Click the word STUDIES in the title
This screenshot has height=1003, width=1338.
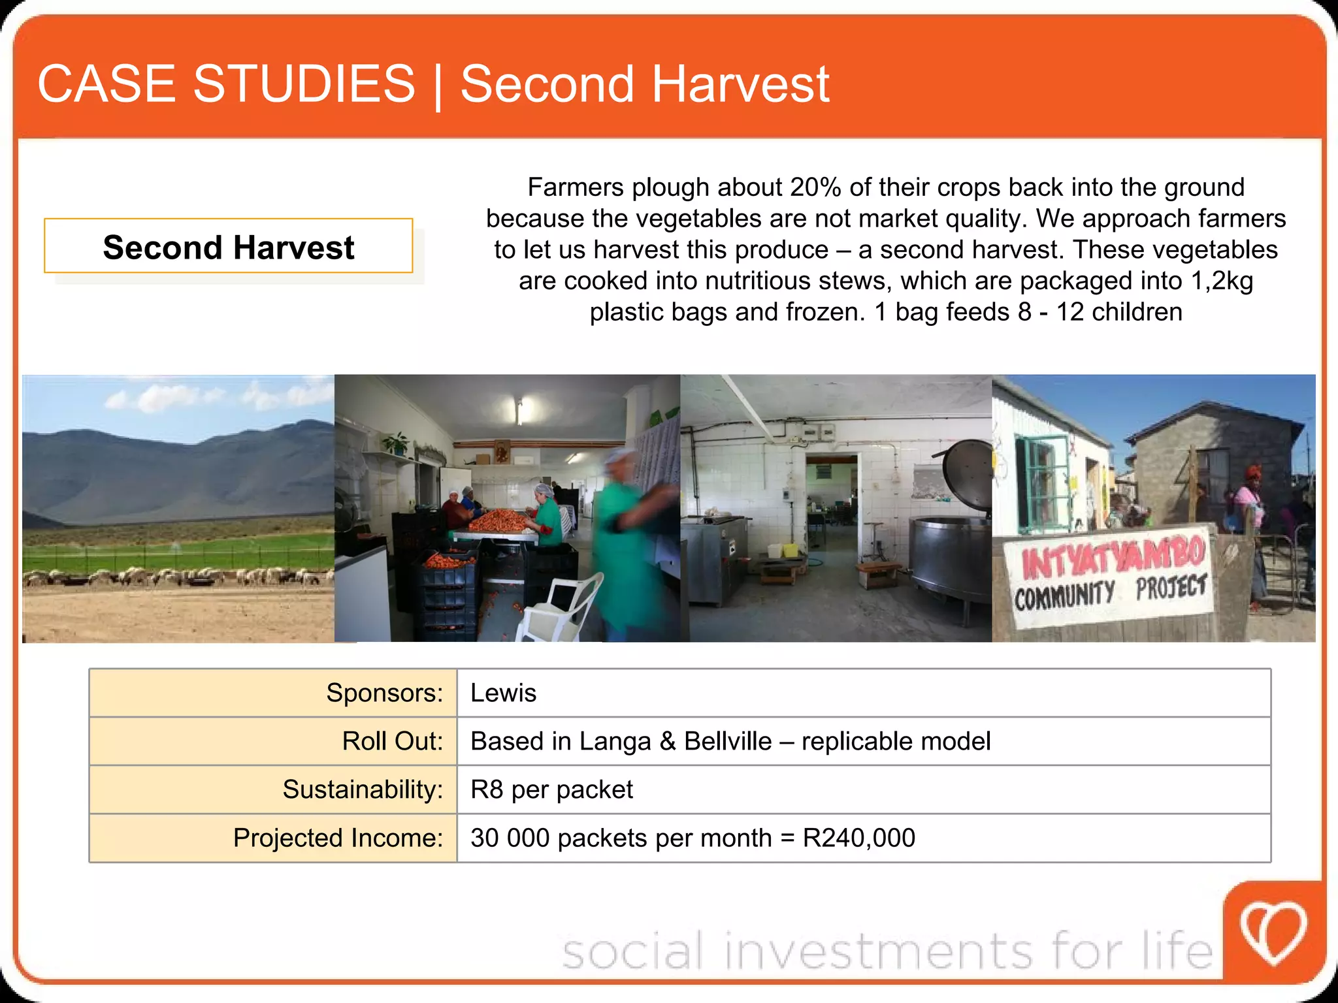point(304,84)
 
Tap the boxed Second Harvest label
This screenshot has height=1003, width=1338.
point(228,247)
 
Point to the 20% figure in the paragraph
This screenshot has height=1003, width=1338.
point(815,187)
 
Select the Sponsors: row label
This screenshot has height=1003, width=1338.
point(384,692)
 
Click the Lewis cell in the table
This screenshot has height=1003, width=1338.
point(503,692)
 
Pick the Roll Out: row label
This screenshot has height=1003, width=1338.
point(392,741)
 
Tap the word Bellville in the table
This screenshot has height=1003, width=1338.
point(727,741)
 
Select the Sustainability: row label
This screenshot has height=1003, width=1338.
point(363,789)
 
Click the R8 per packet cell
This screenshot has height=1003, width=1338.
point(551,789)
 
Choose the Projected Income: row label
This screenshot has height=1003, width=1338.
point(338,838)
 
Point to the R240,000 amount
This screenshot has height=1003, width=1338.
point(858,838)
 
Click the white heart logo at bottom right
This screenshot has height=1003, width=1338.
point(1273,932)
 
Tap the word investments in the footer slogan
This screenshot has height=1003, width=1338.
point(879,951)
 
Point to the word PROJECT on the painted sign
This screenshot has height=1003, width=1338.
point(1170,587)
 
